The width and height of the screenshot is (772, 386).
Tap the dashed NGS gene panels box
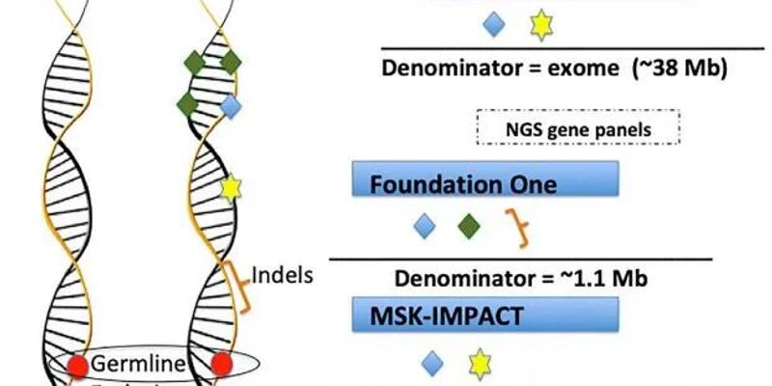click(x=579, y=129)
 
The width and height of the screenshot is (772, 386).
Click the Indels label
click(x=283, y=275)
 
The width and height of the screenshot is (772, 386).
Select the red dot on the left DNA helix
click(x=79, y=365)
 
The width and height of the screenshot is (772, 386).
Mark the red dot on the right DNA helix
click(x=222, y=365)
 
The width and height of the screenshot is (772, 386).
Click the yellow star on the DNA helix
click(x=230, y=186)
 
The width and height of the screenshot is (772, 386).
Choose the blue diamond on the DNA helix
click(x=230, y=105)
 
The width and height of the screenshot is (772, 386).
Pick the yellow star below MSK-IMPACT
click(x=479, y=363)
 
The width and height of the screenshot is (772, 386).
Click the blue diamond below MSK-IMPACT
click(x=433, y=363)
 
